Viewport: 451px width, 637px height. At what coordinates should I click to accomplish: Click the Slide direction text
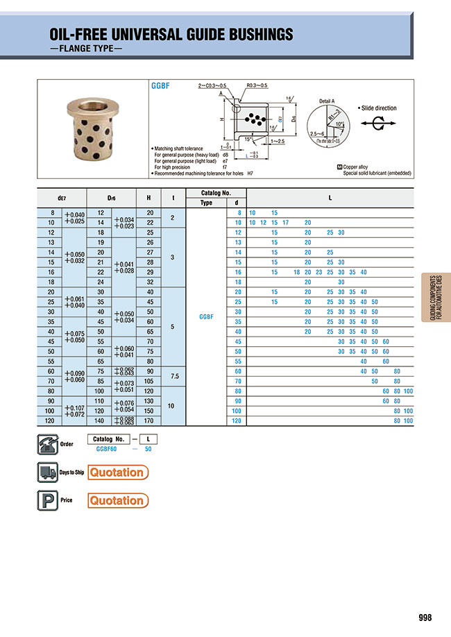pyautogui.click(x=379, y=109)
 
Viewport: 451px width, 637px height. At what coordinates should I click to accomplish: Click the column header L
pyautogui.click(x=330, y=198)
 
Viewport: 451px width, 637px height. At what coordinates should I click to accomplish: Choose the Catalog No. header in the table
pyautogui.click(x=215, y=193)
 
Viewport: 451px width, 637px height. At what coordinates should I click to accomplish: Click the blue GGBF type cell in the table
pyautogui.click(x=206, y=316)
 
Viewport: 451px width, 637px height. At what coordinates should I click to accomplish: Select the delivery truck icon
pyautogui.click(x=46, y=473)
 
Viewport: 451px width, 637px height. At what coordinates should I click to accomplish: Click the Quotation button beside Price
pyautogui.click(x=117, y=500)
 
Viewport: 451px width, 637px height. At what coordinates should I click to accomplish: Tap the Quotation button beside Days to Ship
pyautogui.click(x=117, y=473)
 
